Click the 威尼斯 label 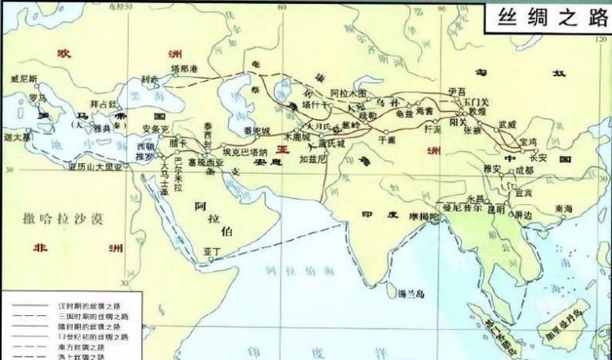click(x=24, y=79)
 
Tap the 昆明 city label click(x=496, y=208)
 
